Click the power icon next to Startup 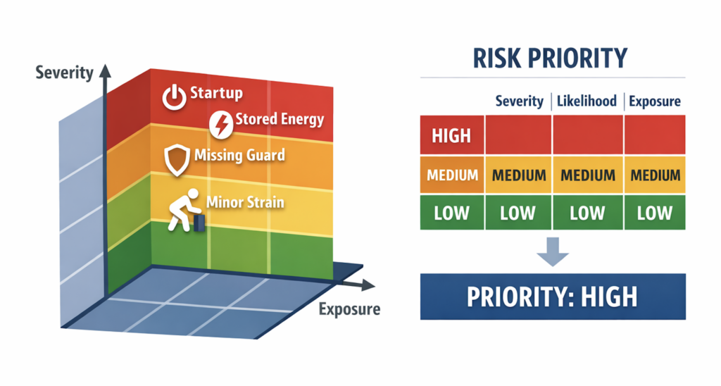click(x=174, y=97)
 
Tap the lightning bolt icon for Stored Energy click(x=221, y=124)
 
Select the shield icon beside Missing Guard click(x=177, y=160)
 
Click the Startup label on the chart click(x=216, y=93)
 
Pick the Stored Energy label click(x=280, y=119)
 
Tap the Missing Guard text click(x=239, y=155)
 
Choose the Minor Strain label click(x=245, y=202)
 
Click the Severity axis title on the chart click(x=64, y=73)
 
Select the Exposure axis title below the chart click(x=349, y=309)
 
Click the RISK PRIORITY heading click(x=550, y=58)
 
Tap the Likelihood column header click(x=587, y=101)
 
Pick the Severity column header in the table click(x=519, y=101)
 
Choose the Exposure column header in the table click(x=655, y=101)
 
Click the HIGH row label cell click(x=452, y=135)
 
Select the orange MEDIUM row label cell click(x=452, y=175)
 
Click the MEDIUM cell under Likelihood click(x=588, y=175)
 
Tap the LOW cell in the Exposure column click(x=655, y=213)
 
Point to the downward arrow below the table click(x=553, y=251)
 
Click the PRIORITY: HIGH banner click(x=553, y=297)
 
